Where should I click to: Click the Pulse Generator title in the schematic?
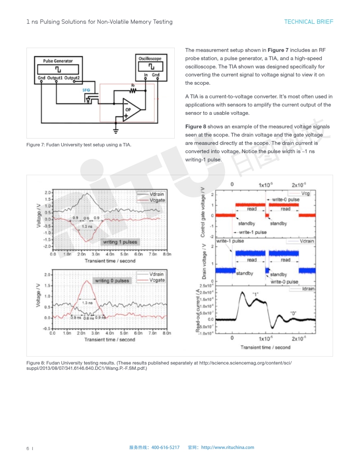click(x=58, y=61)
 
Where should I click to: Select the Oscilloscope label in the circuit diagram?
click(x=150, y=58)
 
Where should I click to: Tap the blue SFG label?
click(x=86, y=90)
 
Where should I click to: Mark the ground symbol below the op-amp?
click(x=116, y=130)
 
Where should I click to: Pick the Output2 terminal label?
click(x=72, y=78)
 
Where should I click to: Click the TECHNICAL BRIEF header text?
click(x=308, y=22)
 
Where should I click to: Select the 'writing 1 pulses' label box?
click(x=120, y=242)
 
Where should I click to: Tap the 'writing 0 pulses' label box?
click(x=112, y=281)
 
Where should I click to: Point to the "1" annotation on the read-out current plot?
click(x=255, y=294)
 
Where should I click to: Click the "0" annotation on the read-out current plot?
click(x=293, y=313)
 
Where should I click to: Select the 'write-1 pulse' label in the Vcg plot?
click(x=252, y=232)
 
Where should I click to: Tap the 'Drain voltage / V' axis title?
click(x=204, y=261)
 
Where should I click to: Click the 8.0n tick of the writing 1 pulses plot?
click(x=167, y=255)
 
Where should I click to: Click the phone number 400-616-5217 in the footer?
click(x=165, y=447)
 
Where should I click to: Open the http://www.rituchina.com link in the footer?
click(x=227, y=447)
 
